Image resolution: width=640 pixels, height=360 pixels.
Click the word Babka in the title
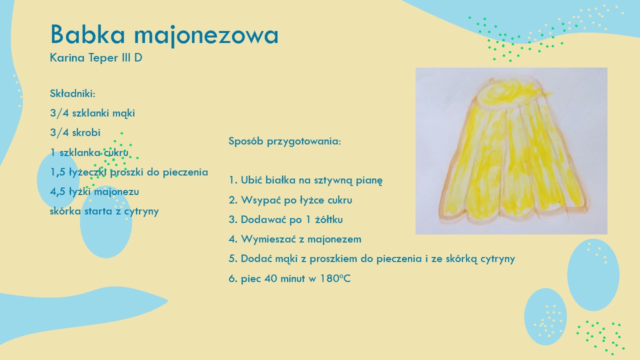point(87,34)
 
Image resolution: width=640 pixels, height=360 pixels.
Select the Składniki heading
point(72,93)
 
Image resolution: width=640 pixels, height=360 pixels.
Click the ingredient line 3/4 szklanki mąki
point(92,113)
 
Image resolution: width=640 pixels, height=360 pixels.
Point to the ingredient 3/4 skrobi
point(75,132)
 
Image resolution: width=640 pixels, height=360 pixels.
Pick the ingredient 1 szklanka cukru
point(89,152)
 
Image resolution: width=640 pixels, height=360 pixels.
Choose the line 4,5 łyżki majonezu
point(94,191)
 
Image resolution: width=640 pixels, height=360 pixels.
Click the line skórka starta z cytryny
point(104,211)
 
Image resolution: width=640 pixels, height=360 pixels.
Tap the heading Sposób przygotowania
point(285,141)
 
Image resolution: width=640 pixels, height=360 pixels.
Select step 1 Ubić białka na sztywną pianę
point(305,180)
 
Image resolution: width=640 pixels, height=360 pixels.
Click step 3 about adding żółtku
point(285,219)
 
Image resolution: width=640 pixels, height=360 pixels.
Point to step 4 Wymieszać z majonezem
point(295,239)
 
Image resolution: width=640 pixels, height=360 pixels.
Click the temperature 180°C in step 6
point(335,278)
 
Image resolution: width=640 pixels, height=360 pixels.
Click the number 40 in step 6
point(270,278)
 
